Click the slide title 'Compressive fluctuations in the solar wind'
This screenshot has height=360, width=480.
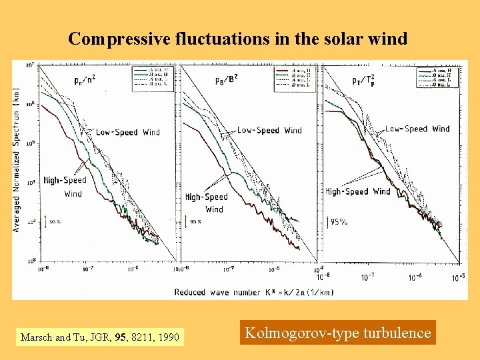pyautogui.click(x=238, y=39)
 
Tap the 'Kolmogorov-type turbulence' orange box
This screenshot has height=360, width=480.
pyautogui.click(x=338, y=333)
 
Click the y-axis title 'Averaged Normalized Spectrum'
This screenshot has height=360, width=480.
pyautogui.click(x=16, y=160)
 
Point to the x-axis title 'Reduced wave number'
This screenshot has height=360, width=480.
pyautogui.click(x=254, y=292)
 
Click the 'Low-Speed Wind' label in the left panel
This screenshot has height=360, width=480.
pyautogui.click(x=127, y=132)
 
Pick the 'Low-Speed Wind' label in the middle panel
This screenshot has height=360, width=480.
pyautogui.click(x=269, y=131)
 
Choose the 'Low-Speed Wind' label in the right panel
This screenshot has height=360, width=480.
pyautogui.click(x=417, y=129)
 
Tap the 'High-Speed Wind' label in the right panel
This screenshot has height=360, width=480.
pyautogui.click(x=358, y=191)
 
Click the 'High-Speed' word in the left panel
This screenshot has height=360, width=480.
pyautogui.click(x=65, y=180)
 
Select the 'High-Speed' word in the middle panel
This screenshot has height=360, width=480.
pyautogui.click(x=207, y=197)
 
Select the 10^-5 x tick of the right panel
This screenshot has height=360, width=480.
pyautogui.click(x=460, y=277)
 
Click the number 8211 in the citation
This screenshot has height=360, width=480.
pyautogui.click(x=143, y=337)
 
